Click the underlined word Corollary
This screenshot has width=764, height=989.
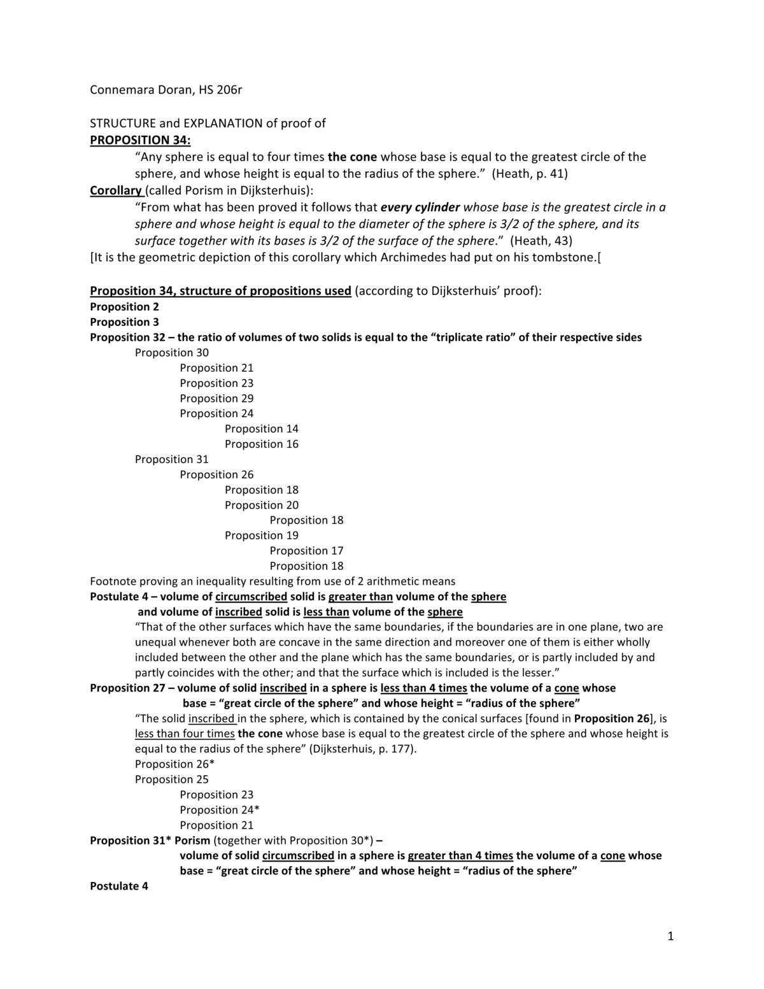(x=116, y=190)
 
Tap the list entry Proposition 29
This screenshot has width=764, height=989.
(x=216, y=399)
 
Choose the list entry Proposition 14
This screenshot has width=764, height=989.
(x=262, y=429)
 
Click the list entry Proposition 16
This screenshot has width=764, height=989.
(x=262, y=445)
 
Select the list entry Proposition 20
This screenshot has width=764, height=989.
(x=262, y=506)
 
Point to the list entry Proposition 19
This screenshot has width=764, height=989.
(x=262, y=536)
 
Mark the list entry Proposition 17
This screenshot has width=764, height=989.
(x=306, y=551)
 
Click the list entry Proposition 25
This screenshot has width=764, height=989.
(x=172, y=779)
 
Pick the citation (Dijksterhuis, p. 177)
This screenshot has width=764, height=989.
(x=364, y=749)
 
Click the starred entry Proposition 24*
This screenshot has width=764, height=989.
(x=220, y=810)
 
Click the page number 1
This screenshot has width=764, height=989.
(x=670, y=936)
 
